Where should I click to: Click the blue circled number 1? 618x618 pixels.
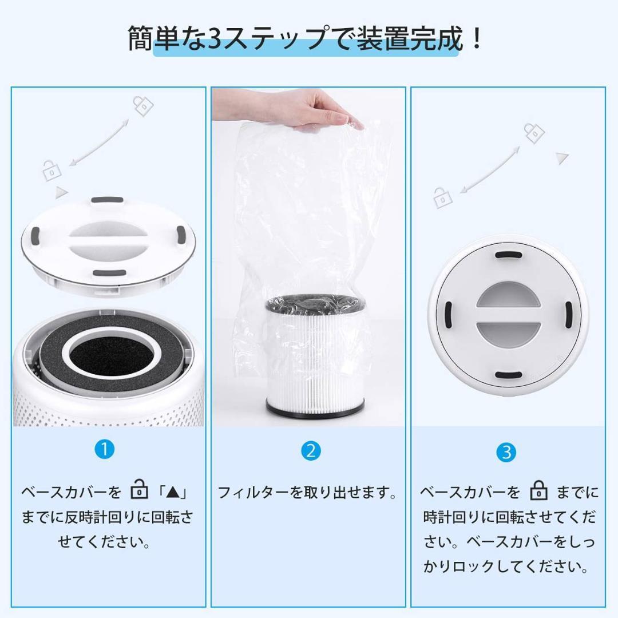click(105, 449)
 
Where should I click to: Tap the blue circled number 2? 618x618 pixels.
click(310, 451)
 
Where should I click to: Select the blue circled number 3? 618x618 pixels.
click(506, 453)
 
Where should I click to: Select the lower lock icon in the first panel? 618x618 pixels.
click(50, 170)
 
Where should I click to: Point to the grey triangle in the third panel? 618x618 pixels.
click(562, 158)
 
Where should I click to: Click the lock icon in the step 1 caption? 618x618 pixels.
click(139, 492)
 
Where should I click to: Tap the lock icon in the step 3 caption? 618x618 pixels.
click(538, 492)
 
